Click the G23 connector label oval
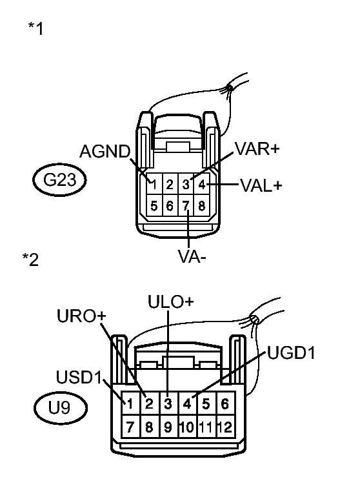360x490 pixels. coord(59,181)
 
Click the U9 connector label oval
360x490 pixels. coord(59,408)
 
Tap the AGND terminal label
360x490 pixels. coord(105,152)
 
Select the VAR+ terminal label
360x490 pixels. coord(257,148)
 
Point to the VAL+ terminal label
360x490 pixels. coord(261,185)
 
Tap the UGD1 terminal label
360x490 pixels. coord(290,353)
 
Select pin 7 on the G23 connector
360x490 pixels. coord(186,207)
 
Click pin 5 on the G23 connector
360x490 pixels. coord(154,207)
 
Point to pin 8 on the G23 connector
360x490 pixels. coord(202,207)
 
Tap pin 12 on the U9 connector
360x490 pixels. coord(225,426)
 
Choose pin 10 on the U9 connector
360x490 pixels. coord(187,426)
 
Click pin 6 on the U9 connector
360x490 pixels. coord(225,405)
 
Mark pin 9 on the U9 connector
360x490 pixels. coord(168,426)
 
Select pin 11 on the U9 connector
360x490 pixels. coord(206,426)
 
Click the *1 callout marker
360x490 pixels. coord(35,29)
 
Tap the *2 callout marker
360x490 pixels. coord(30,260)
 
